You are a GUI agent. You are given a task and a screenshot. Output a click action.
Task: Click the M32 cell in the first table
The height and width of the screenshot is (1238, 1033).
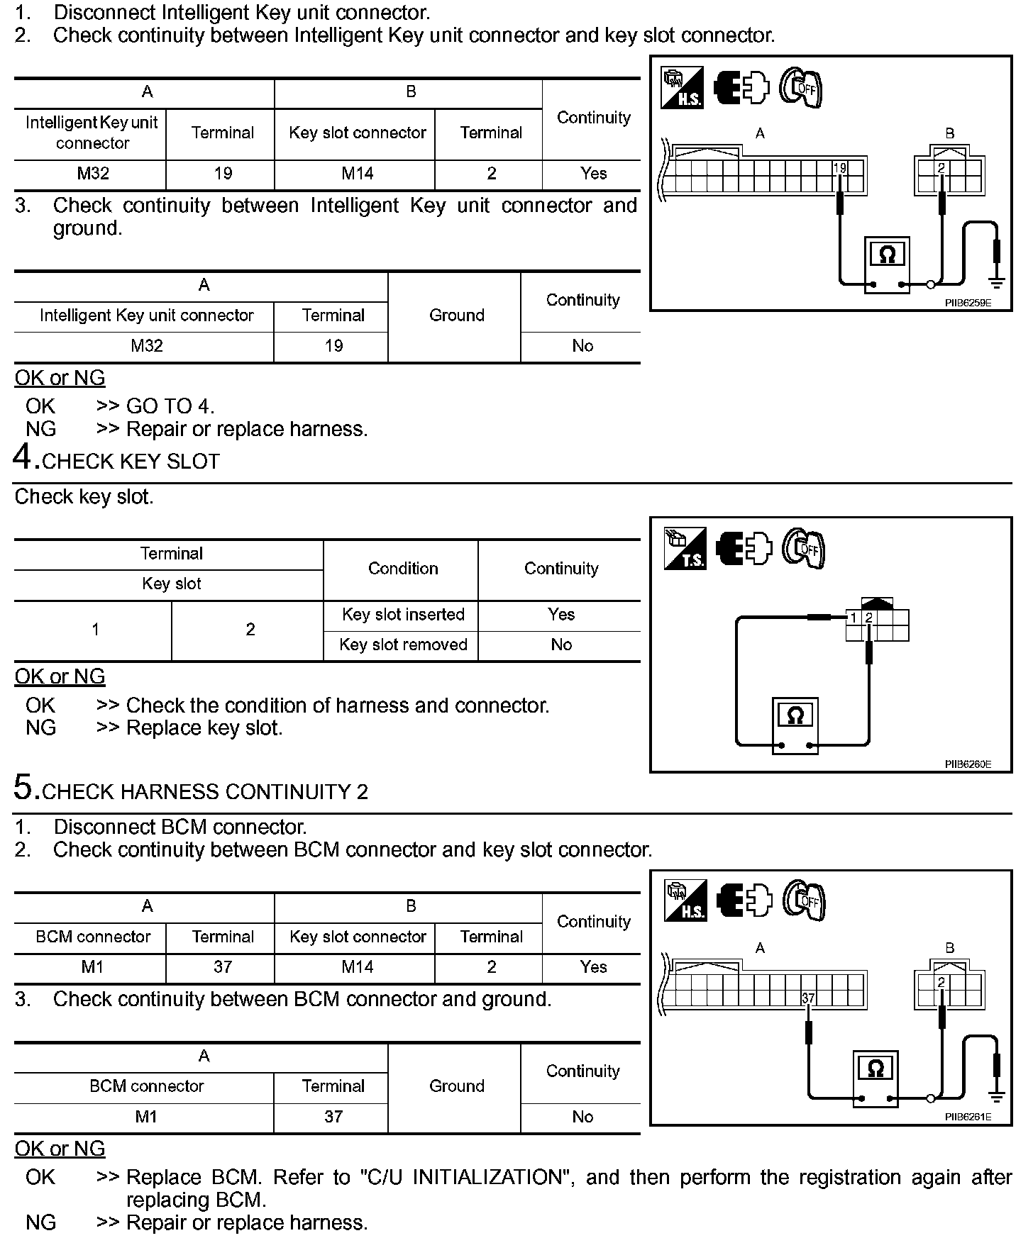pos(92,174)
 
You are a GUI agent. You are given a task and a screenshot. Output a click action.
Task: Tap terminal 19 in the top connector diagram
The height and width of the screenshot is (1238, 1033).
pos(840,169)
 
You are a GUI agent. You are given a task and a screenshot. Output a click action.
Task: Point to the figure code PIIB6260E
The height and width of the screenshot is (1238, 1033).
pos(968,764)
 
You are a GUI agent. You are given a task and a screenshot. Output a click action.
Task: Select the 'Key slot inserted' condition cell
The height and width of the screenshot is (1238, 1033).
pos(402,615)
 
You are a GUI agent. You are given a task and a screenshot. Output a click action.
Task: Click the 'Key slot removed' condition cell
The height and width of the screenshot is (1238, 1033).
pos(402,645)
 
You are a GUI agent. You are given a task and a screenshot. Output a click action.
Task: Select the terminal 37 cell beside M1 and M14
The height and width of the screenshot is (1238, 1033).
pos(222,967)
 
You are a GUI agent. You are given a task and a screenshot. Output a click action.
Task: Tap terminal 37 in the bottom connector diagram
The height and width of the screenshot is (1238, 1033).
pos(808,998)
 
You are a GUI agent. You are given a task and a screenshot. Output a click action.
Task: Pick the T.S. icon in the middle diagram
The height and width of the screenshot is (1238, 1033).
pos(685,549)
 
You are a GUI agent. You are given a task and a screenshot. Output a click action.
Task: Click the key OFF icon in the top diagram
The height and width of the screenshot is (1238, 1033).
pos(801,89)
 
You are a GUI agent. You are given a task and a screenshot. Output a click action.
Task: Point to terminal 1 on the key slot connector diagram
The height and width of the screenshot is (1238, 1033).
pos(854,618)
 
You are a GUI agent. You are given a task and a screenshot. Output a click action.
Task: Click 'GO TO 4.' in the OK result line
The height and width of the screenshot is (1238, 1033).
pos(170,406)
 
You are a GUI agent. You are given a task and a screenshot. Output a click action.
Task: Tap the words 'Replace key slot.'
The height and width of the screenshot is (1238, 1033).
pos(204,728)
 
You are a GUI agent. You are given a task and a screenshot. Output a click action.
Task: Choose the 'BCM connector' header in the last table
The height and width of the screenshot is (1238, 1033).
pos(146,1086)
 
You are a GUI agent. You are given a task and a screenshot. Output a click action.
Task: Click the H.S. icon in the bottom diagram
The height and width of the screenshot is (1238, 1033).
pos(685,901)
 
